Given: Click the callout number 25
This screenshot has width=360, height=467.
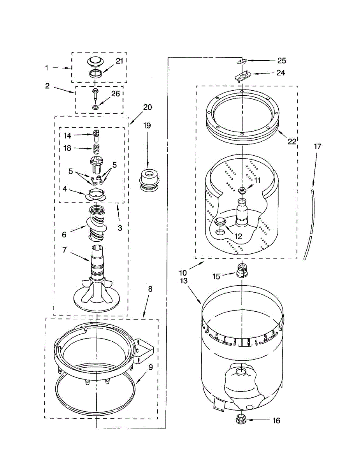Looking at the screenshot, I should (281, 60).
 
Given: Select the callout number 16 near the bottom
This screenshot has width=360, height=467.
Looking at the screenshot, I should (276, 421).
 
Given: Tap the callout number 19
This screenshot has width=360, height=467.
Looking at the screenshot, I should (147, 126).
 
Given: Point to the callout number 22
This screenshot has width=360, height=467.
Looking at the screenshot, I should (292, 142).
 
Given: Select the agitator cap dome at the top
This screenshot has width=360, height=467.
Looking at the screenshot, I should (95, 60).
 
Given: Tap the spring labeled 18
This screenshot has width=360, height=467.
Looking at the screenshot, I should (96, 148).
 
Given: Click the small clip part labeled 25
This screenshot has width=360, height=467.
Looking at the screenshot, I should (242, 61).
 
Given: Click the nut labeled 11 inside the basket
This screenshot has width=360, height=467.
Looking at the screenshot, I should (242, 190).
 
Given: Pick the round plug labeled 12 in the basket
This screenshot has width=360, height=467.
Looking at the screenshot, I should (220, 222).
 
